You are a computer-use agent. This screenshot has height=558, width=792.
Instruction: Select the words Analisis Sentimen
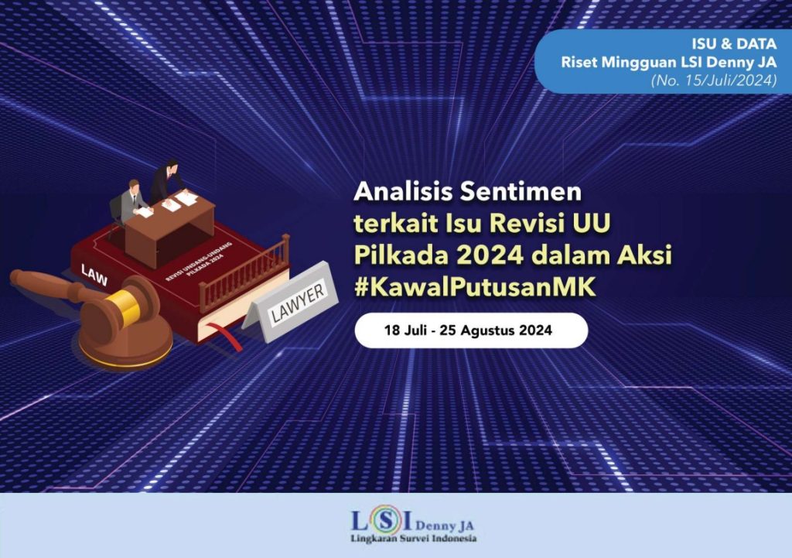(x=467, y=190)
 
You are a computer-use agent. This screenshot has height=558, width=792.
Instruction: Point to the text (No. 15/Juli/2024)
(x=712, y=79)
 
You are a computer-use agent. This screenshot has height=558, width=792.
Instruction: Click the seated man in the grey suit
(x=132, y=201)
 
